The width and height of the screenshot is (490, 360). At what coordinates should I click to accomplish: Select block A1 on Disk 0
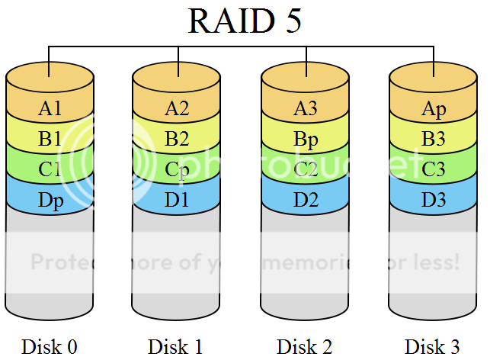pyautogui.click(x=50, y=108)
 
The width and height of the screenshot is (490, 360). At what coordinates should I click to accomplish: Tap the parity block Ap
pyautogui.click(x=434, y=108)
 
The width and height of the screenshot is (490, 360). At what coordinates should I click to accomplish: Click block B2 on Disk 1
pyautogui.click(x=177, y=140)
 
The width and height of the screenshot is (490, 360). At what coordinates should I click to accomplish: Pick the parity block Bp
pyautogui.click(x=306, y=140)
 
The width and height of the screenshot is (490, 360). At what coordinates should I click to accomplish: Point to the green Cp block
pyautogui.click(x=177, y=170)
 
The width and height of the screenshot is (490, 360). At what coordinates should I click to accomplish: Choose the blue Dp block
pyautogui.click(x=50, y=201)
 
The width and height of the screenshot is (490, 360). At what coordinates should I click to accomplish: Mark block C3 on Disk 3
pyautogui.click(x=434, y=170)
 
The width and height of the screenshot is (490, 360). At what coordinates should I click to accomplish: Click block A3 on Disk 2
pyautogui.click(x=306, y=108)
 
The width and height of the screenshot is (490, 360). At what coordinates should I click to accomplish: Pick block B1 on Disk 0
pyautogui.click(x=50, y=140)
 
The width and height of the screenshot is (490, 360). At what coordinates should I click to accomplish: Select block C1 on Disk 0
pyautogui.click(x=50, y=170)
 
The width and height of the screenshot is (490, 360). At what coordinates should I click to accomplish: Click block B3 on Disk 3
pyautogui.click(x=434, y=140)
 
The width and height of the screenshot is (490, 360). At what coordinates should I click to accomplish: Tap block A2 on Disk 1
pyautogui.click(x=177, y=108)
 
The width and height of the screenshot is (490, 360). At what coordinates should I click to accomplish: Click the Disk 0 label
pyautogui.click(x=49, y=346)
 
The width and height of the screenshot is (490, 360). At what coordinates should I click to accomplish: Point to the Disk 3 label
pyautogui.click(x=433, y=346)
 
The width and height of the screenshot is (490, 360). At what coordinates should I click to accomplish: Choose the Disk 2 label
pyautogui.click(x=305, y=346)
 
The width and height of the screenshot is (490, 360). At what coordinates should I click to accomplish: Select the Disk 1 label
pyautogui.click(x=176, y=346)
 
